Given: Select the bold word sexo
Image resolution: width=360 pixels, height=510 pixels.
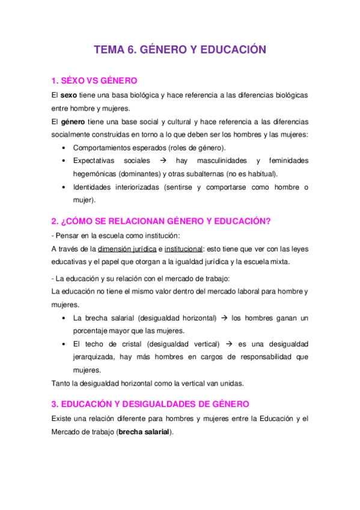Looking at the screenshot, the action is tap(69, 96).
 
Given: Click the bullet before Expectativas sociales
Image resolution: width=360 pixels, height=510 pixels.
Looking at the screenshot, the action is tap(64, 161).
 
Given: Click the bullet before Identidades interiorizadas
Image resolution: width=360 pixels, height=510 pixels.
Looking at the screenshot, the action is tap(64, 187).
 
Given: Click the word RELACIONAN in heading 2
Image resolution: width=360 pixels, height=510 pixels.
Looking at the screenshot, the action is tap(130, 221).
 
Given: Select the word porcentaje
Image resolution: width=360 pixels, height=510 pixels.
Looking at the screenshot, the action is tap(93, 330).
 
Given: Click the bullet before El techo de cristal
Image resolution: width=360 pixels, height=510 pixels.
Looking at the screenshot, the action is tap(64, 344).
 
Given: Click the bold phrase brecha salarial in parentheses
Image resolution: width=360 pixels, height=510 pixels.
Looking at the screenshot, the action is tap(144, 431).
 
